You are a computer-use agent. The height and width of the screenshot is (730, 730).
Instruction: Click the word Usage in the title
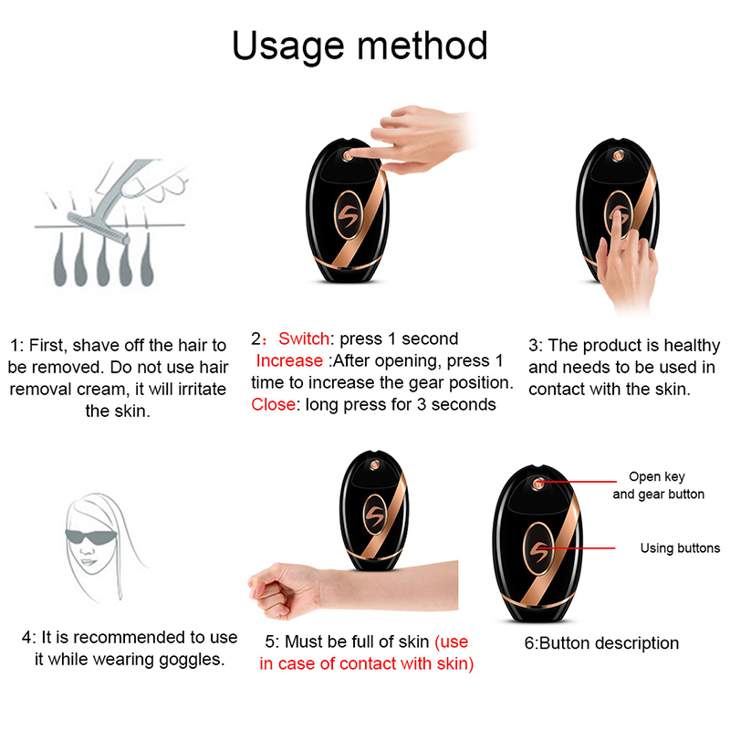287,47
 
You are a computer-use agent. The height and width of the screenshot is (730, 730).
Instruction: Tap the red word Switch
304,339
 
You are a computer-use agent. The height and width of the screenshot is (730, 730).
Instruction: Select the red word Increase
289,360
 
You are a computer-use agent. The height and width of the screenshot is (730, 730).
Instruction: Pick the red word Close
273,404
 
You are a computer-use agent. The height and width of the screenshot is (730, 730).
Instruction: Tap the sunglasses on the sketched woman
89,537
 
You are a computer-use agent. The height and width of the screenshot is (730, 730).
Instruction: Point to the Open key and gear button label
658,485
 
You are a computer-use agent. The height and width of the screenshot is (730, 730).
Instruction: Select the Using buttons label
680,548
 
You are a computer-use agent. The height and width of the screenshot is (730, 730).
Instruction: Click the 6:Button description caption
601,643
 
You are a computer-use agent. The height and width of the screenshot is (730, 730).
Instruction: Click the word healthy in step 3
692,346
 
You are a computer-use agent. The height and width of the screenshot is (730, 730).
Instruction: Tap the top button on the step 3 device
619,156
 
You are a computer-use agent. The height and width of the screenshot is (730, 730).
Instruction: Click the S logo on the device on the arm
375,514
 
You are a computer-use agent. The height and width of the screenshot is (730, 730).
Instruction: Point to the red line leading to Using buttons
578,548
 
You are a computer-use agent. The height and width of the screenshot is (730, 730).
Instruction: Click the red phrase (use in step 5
451,641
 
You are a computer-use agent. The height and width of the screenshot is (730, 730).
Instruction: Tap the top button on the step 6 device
538,484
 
